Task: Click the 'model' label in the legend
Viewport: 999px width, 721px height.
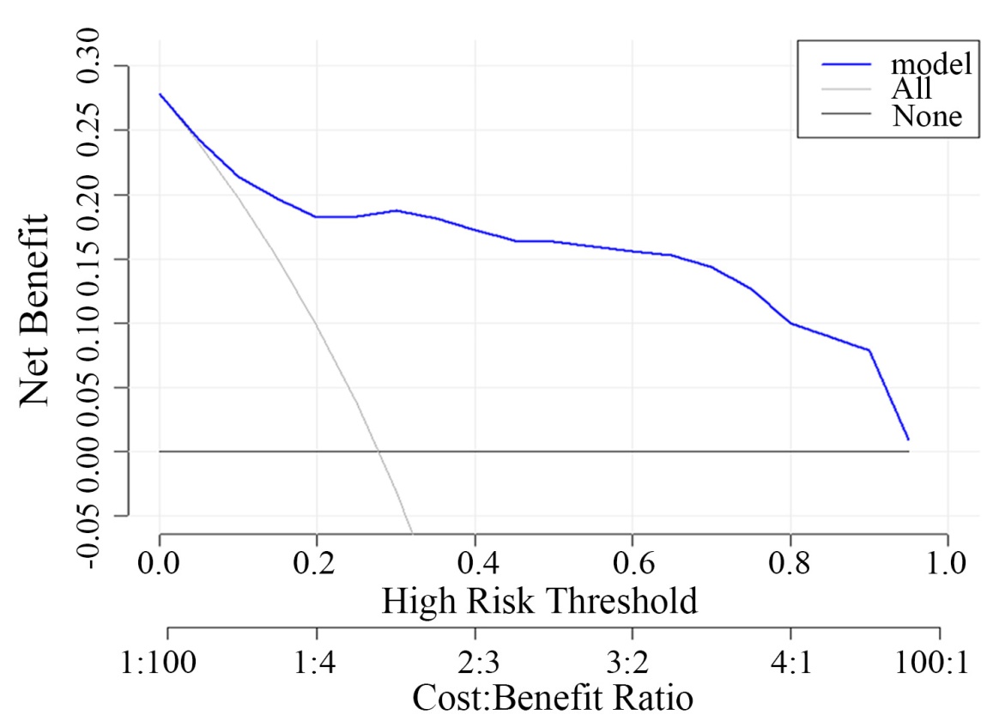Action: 930,64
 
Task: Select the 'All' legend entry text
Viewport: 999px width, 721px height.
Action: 911,88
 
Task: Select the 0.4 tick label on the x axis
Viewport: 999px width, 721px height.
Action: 475,566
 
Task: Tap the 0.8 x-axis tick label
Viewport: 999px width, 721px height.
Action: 790,566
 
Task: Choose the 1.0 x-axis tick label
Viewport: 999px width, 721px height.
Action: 947,566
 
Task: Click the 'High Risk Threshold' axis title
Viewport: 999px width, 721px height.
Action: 540,602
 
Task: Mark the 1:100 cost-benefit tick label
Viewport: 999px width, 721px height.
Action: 167,663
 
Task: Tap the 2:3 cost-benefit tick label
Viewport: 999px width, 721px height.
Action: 475,663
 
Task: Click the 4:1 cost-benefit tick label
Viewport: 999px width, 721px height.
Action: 790,663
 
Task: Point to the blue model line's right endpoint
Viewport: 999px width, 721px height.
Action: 908,439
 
